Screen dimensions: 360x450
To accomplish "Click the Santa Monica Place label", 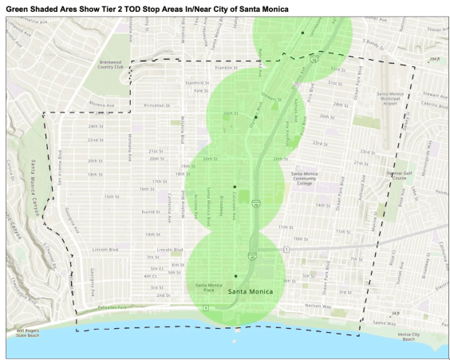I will coord(210,286).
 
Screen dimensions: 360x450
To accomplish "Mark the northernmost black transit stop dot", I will coord(302,32).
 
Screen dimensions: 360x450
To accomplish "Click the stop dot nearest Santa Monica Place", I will coord(235,276).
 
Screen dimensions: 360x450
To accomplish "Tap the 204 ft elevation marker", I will coord(435,59).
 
